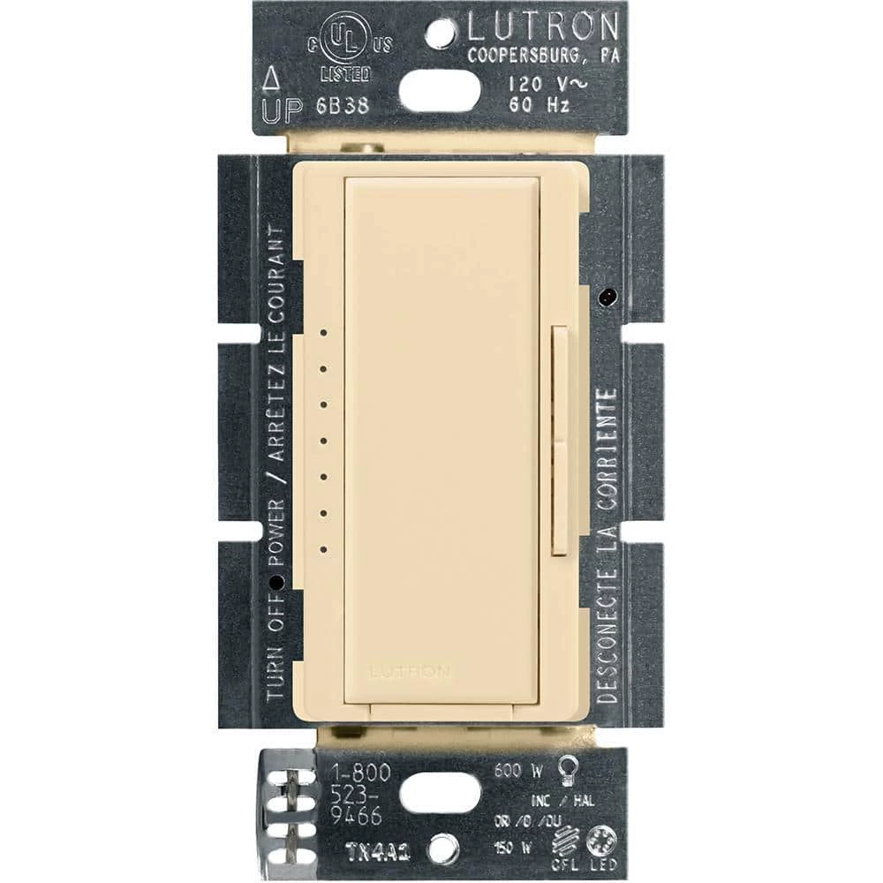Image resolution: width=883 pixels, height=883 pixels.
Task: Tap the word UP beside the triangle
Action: coord(282,111)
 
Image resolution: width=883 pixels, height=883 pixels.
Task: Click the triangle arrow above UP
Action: coord(273,83)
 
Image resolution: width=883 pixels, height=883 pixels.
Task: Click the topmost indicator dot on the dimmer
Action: coord(324,334)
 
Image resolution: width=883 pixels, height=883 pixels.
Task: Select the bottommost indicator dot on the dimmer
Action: coord(324,549)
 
